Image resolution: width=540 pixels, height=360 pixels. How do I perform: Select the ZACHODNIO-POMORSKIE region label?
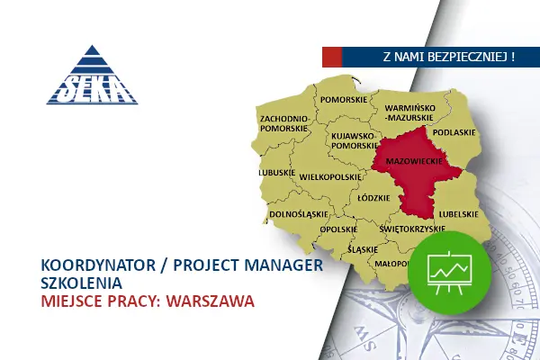[x=284, y=123]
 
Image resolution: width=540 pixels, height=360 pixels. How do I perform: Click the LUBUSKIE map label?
[x=277, y=172]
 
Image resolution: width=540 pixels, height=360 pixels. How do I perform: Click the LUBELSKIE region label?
[x=456, y=214]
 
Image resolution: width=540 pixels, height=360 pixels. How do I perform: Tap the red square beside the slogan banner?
[x=332, y=57]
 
